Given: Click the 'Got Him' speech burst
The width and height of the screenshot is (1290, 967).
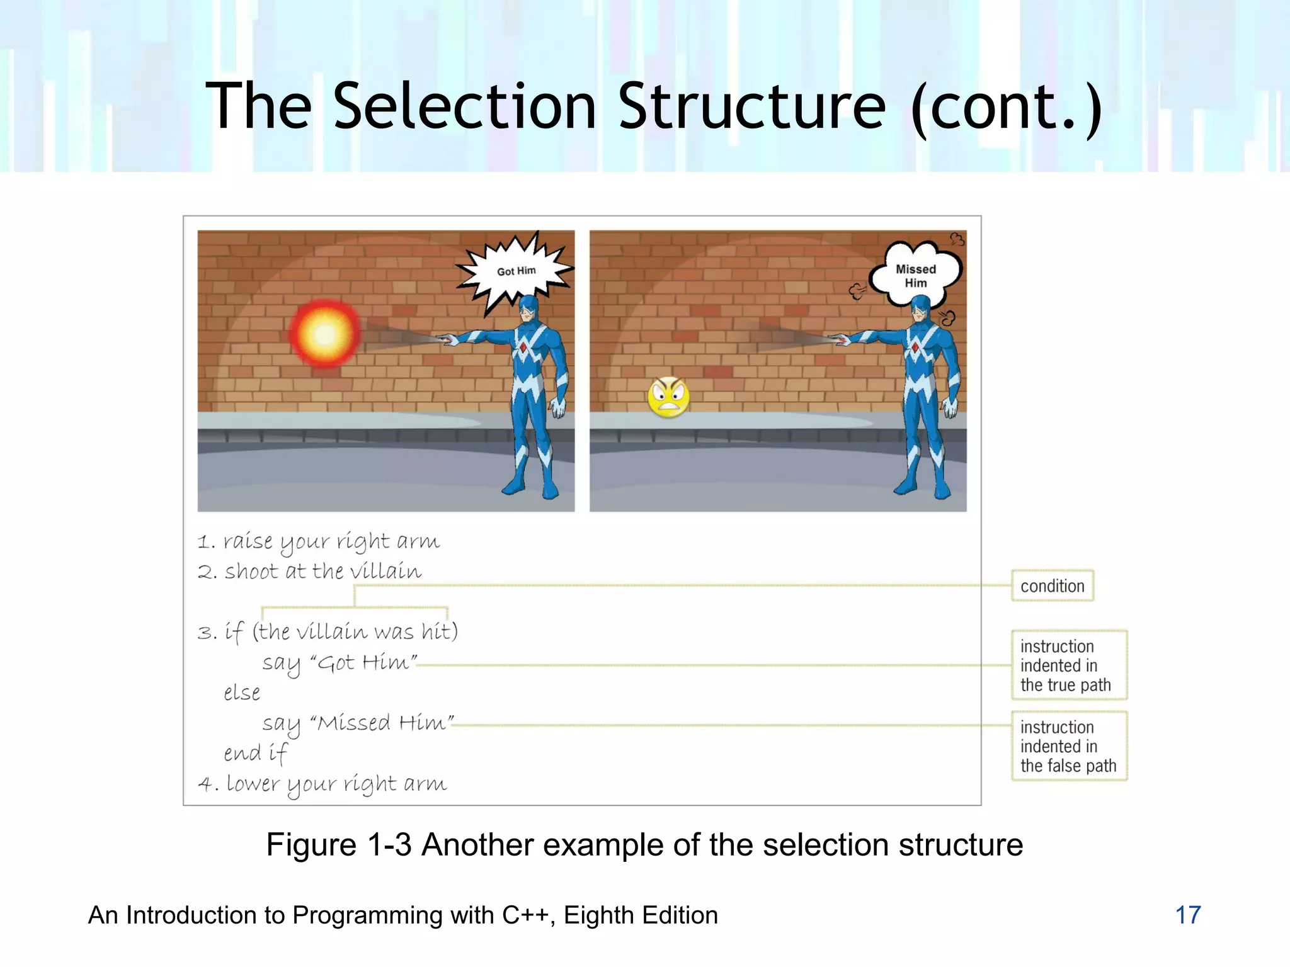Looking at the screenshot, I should (515, 271).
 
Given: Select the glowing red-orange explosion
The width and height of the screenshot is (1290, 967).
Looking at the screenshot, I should (325, 334).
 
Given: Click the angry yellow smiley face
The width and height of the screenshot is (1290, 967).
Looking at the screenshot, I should (668, 397).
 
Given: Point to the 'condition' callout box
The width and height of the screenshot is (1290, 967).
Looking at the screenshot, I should (1052, 586).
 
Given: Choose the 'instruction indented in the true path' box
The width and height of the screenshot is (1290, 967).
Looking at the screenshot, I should (1068, 665).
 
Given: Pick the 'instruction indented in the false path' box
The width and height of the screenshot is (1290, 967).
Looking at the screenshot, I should (1068, 746).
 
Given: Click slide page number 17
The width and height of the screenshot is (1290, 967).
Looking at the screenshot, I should (1188, 915).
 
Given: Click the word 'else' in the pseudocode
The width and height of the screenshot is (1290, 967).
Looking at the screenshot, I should (242, 693).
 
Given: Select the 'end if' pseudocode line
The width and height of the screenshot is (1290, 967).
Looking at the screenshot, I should (255, 753).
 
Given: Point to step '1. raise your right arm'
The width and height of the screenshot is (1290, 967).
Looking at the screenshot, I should (319, 541).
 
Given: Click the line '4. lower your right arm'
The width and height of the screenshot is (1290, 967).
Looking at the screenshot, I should (322, 784).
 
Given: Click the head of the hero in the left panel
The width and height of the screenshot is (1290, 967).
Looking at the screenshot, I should (528, 308).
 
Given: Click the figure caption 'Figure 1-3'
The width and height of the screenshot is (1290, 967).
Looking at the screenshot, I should (339, 845).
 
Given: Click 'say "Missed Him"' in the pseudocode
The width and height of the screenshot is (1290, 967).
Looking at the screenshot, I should (358, 723).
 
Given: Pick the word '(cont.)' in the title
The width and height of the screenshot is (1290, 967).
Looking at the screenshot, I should (1007, 106).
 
